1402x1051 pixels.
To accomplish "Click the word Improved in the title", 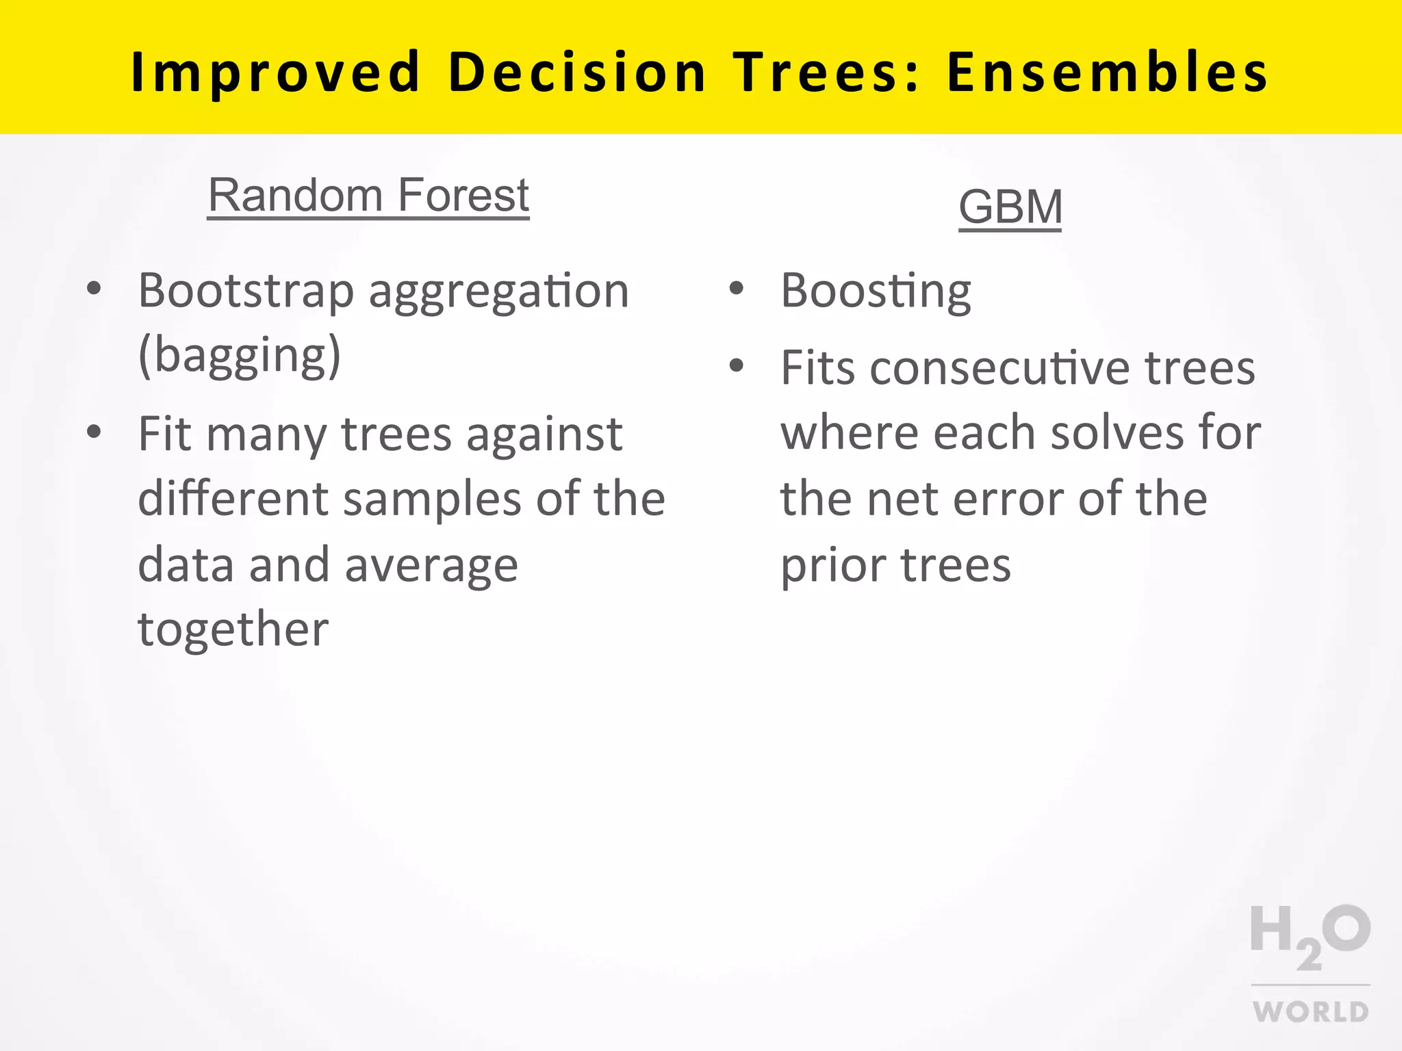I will (x=275, y=73).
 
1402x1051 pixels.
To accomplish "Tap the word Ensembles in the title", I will (x=1107, y=73).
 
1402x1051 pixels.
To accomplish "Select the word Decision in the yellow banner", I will (x=576, y=73).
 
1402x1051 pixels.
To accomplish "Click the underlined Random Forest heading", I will (x=368, y=196).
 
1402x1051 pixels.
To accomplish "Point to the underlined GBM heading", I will (x=1010, y=207).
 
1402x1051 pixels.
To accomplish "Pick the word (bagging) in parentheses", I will (x=239, y=356).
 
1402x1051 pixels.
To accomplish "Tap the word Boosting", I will (x=876, y=291).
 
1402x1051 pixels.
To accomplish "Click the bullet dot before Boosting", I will (x=736, y=288).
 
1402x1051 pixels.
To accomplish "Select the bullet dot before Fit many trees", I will (x=94, y=432).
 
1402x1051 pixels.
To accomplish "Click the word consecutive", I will (x=997, y=368).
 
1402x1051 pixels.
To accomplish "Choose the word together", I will (x=233, y=630).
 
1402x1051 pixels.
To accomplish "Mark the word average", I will (x=431, y=567).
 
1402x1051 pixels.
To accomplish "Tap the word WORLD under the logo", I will (x=1310, y=1011).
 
